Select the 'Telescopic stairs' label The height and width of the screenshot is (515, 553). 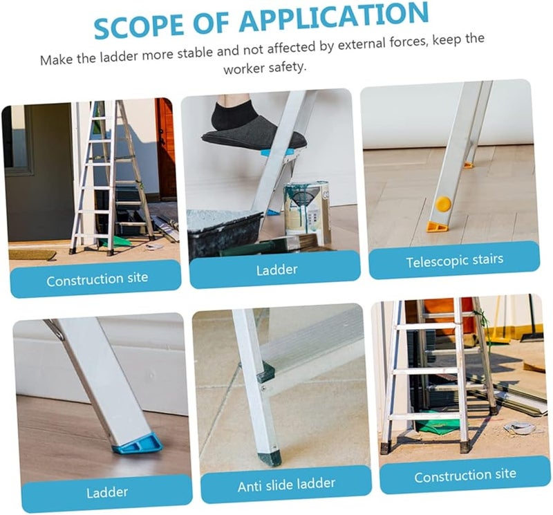coord(454,261)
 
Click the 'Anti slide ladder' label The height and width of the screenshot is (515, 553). coord(286,485)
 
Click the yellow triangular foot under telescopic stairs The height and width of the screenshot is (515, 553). coord(438,226)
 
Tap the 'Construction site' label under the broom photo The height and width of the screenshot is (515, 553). coord(465,475)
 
